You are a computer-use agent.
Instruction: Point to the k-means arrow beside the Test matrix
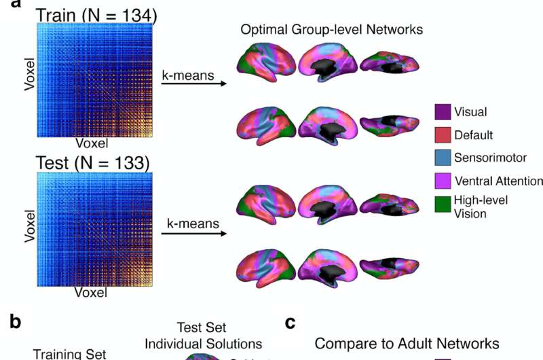193,234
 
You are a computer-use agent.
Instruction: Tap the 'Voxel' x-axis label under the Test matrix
88,293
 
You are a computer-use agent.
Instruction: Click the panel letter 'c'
290,323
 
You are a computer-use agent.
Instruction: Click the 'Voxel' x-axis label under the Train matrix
88,144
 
